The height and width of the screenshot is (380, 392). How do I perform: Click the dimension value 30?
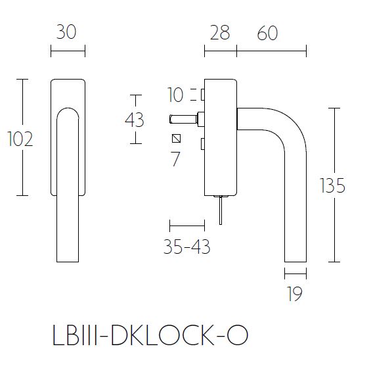[67, 32]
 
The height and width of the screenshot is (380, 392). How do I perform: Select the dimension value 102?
[20, 139]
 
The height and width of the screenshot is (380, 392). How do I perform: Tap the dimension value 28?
[220, 32]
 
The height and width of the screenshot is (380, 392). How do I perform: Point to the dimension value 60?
[267, 32]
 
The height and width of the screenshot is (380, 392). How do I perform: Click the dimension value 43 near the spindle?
[134, 120]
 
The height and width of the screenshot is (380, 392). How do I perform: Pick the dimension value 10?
[175, 95]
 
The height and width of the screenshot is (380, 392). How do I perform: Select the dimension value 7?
[175, 158]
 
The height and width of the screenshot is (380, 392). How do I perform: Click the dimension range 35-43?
[186, 247]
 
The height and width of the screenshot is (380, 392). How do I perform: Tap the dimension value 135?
[332, 186]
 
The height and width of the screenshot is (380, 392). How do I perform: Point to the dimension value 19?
[295, 295]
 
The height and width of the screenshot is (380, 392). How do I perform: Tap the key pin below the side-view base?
[221, 210]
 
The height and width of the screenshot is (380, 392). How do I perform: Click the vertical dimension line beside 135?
[337, 184]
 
